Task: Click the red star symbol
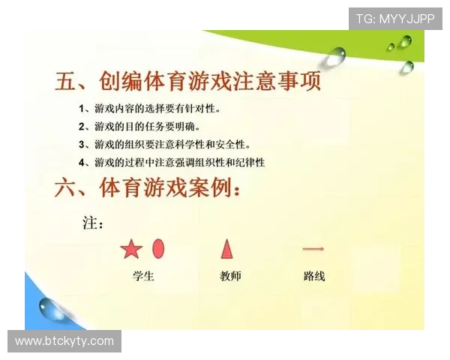[x=131, y=250]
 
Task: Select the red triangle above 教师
[x=226, y=248]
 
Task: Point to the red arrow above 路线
[x=313, y=248]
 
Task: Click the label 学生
[x=143, y=276]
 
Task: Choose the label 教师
[x=230, y=276]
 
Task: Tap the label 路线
[x=314, y=276]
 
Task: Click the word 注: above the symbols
[x=92, y=223]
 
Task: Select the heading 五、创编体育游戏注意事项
[x=188, y=80]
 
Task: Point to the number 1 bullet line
[x=150, y=109]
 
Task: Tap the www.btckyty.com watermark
[x=64, y=342]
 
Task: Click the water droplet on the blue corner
[x=51, y=307]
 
